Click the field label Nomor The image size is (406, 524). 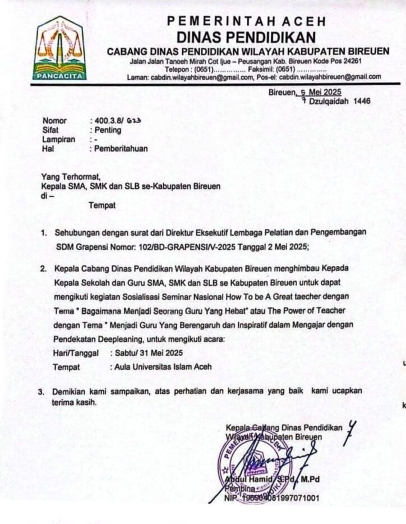[54, 121]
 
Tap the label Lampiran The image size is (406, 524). [58, 140]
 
